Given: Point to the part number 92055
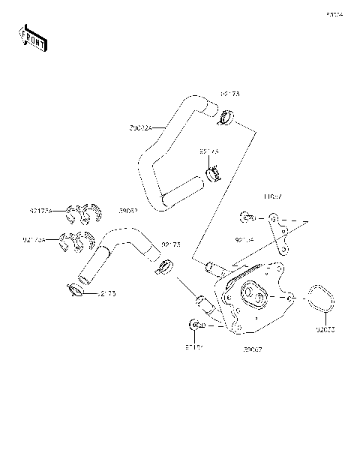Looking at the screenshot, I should tap(325, 329).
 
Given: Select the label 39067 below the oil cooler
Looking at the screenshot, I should tap(252, 349).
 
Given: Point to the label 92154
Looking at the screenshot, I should tap(244, 240).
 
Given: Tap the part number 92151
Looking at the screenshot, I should tap(194, 347).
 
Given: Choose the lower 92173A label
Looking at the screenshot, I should tap(34, 240).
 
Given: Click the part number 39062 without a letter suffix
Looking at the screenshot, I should tap(128, 211).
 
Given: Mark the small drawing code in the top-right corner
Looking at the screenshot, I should tap(334, 14).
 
